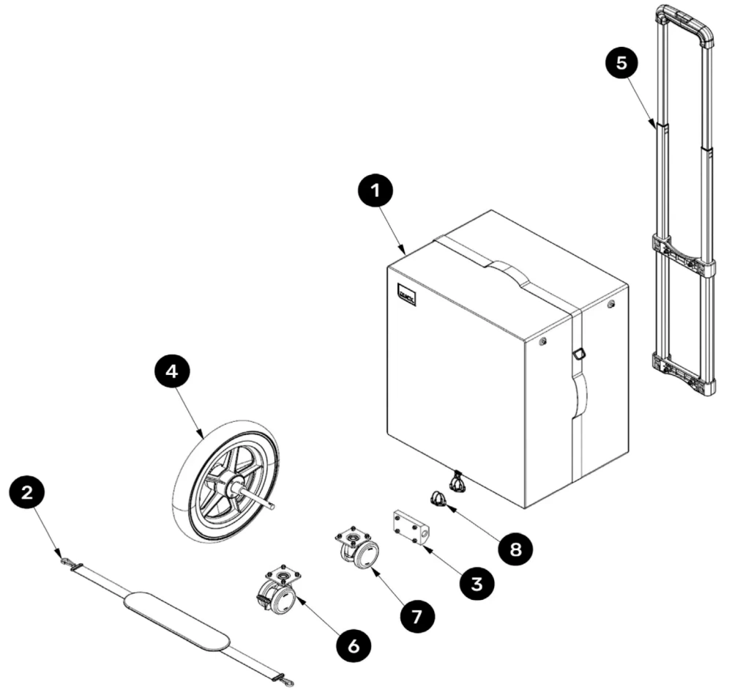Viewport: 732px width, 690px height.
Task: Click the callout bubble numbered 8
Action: pos(517,549)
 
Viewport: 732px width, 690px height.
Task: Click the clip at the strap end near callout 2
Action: pos(67,562)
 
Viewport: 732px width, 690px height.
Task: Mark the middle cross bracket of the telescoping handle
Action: pos(683,253)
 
